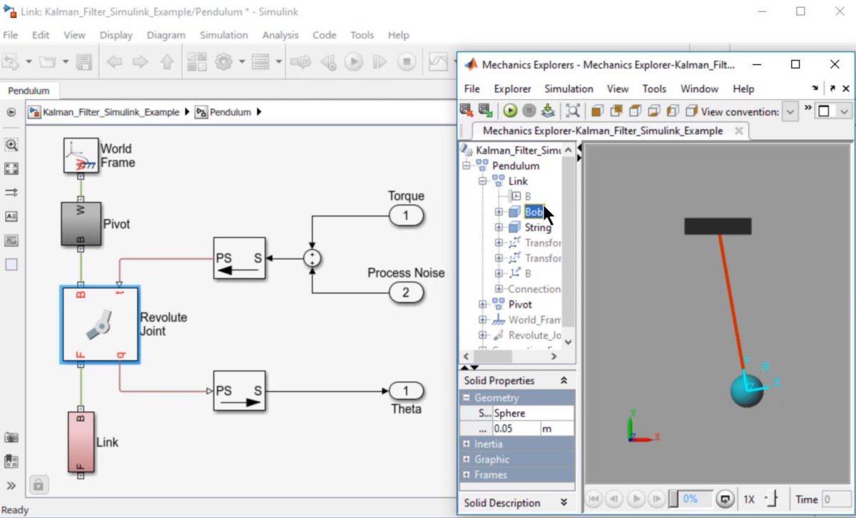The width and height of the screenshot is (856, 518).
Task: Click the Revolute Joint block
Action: [100, 325]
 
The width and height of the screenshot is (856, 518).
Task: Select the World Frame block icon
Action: [81, 155]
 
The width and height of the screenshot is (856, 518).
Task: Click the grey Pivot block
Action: [81, 223]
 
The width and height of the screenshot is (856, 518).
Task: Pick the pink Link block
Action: [81, 442]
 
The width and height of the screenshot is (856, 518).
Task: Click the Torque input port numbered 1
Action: [406, 215]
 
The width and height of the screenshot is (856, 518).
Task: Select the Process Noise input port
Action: [406, 291]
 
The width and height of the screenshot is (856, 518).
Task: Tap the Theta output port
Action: [406, 391]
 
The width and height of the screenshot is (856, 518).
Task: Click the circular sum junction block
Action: [312, 258]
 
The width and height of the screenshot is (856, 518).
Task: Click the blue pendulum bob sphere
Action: [746, 390]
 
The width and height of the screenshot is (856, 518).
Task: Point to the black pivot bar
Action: [718, 226]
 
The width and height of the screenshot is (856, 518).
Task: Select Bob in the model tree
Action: [533, 212]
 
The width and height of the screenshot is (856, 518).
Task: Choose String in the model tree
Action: [538, 228]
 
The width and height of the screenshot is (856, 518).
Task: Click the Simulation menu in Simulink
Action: [223, 35]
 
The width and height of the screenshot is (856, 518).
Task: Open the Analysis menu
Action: [280, 35]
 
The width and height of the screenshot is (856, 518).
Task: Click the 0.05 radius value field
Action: [516, 429]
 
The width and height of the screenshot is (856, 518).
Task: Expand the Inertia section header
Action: [488, 444]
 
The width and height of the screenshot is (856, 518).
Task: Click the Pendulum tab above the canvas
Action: [29, 91]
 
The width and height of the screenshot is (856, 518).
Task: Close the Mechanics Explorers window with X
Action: [835, 64]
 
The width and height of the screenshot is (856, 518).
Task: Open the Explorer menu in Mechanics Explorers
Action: [512, 88]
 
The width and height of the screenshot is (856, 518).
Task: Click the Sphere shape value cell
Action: [532, 413]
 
